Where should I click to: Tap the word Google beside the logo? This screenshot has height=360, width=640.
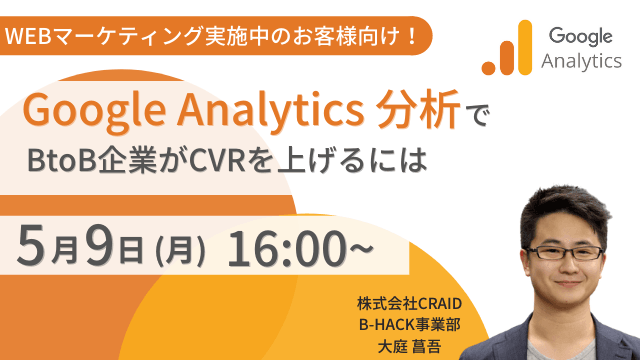[x=579, y=37]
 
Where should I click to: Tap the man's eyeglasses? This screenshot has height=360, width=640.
[x=564, y=253]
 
